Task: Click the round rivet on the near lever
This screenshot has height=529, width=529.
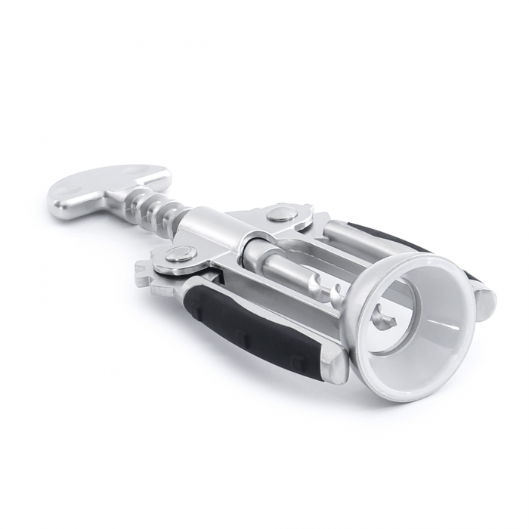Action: point(178,253)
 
